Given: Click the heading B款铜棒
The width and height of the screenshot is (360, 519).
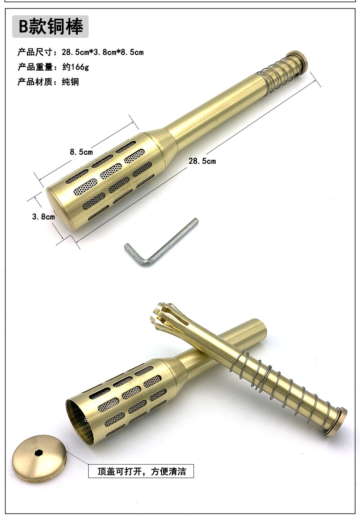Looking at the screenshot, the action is pos(51,27).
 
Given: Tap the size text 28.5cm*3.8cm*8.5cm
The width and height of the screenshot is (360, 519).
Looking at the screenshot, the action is pos(103,52).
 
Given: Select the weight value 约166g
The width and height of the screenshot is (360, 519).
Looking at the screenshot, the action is pos(76,67).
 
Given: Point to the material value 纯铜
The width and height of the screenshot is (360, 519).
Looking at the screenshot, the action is pos(71,82).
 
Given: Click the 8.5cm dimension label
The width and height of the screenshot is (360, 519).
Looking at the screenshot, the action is pos(81,152).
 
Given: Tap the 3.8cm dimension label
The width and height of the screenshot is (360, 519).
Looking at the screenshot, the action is pos(43,217).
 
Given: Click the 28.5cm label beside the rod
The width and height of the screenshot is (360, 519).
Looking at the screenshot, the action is pos(202,161).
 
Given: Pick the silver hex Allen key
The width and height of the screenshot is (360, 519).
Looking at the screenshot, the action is pos(161,243).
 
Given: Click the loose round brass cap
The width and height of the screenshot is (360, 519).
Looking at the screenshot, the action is pos(40,458).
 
